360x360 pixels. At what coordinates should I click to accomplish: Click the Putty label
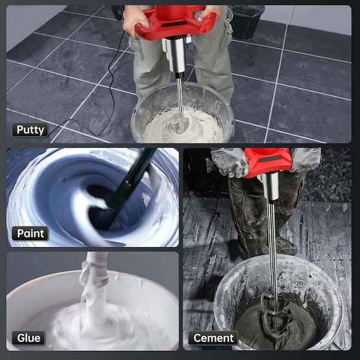click(30, 130)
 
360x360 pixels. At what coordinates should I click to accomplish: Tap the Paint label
click(30, 233)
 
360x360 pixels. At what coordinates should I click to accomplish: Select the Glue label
click(28, 338)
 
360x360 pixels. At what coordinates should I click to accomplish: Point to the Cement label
click(213, 338)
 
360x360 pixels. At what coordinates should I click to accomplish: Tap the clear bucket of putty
click(183, 113)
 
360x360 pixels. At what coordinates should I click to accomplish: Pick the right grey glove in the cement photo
click(305, 159)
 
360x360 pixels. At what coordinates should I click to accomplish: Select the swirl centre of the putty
click(181, 125)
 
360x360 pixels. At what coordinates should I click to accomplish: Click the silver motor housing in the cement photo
click(271, 186)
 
